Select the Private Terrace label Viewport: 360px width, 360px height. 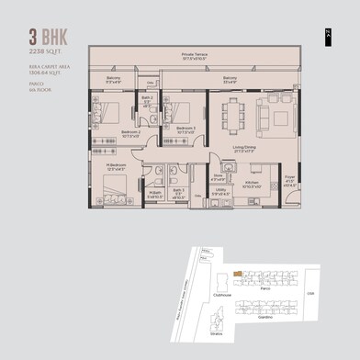[x=194, y=56]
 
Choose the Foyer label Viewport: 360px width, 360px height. [x=290, y=180]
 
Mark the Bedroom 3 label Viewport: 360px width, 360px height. [x=186, y=129]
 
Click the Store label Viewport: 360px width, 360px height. [x=219, y=177]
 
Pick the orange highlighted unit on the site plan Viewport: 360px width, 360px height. [x=237, y=272]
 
